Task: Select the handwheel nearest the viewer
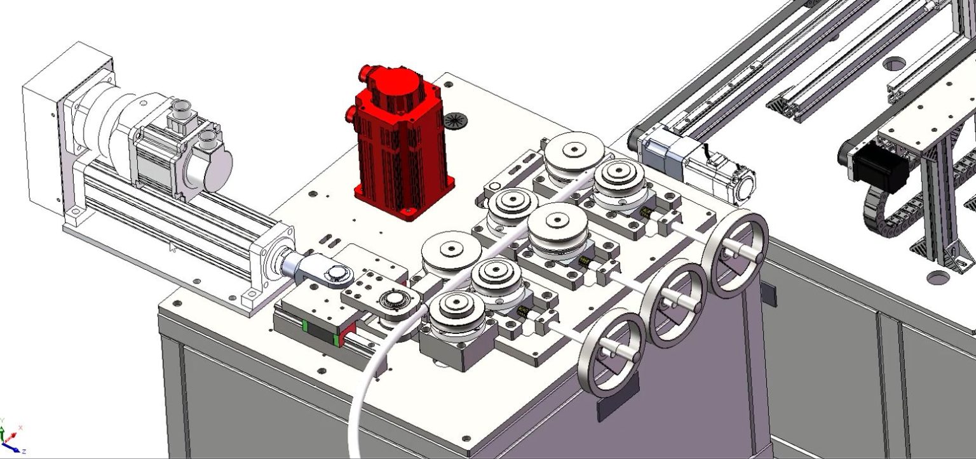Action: point(614,353)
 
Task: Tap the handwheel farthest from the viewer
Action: point(738,254)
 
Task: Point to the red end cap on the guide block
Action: point(346,336)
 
